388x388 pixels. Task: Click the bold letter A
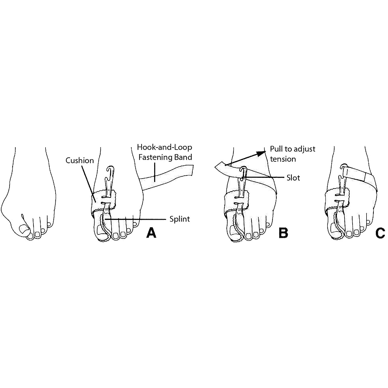pos(151,233)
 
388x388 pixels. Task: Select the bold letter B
pos(283,233)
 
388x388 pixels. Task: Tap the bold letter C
pos(380,233)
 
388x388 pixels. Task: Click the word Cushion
pos(80,160)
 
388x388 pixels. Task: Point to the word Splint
pos(180,219)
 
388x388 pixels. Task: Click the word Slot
pos(293,178)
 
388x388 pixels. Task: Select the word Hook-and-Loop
pos(165,147)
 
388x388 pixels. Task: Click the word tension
pos(283,159)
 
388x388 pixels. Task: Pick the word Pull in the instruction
pos(276,149)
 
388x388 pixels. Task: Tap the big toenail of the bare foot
pos(24,229)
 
